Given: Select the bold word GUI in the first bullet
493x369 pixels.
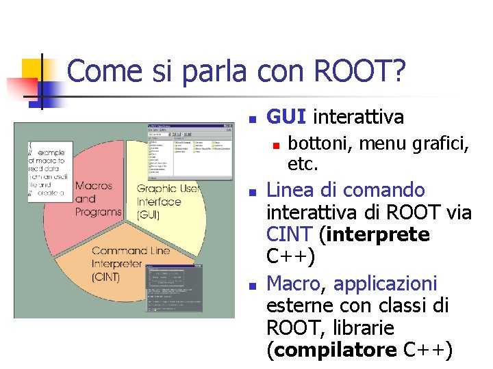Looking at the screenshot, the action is click(286, 117).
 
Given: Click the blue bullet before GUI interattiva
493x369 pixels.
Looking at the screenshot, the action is click(253, 119).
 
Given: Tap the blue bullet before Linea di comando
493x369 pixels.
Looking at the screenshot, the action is click(253, 191).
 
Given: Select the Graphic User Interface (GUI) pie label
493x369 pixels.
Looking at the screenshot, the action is click(168, 202).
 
